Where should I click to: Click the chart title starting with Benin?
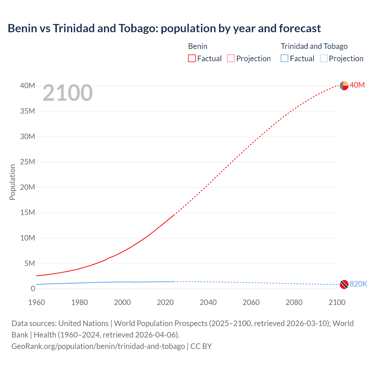(164, 28)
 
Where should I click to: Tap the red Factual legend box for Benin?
(192, 59)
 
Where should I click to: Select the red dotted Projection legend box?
(231, 59)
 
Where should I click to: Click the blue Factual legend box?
(284, 59)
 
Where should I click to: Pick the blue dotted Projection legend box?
(323, 59)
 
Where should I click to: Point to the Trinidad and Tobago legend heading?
(314, 46)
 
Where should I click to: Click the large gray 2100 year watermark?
(67, 93)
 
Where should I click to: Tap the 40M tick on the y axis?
(28, 86)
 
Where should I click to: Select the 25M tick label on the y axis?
(28, 162)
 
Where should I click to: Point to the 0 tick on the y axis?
(33, 289)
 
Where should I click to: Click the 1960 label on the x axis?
(37, 302)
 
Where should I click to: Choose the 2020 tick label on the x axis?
(165, 302)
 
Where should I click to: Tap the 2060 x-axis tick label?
(251, 302)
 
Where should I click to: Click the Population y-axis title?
(12, 182)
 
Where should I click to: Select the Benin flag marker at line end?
(344, 86)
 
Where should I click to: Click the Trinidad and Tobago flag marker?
(344, 284)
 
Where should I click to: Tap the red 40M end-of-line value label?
(357, 85)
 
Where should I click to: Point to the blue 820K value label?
(358, 284)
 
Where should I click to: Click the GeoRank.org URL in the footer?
(98, 346)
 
